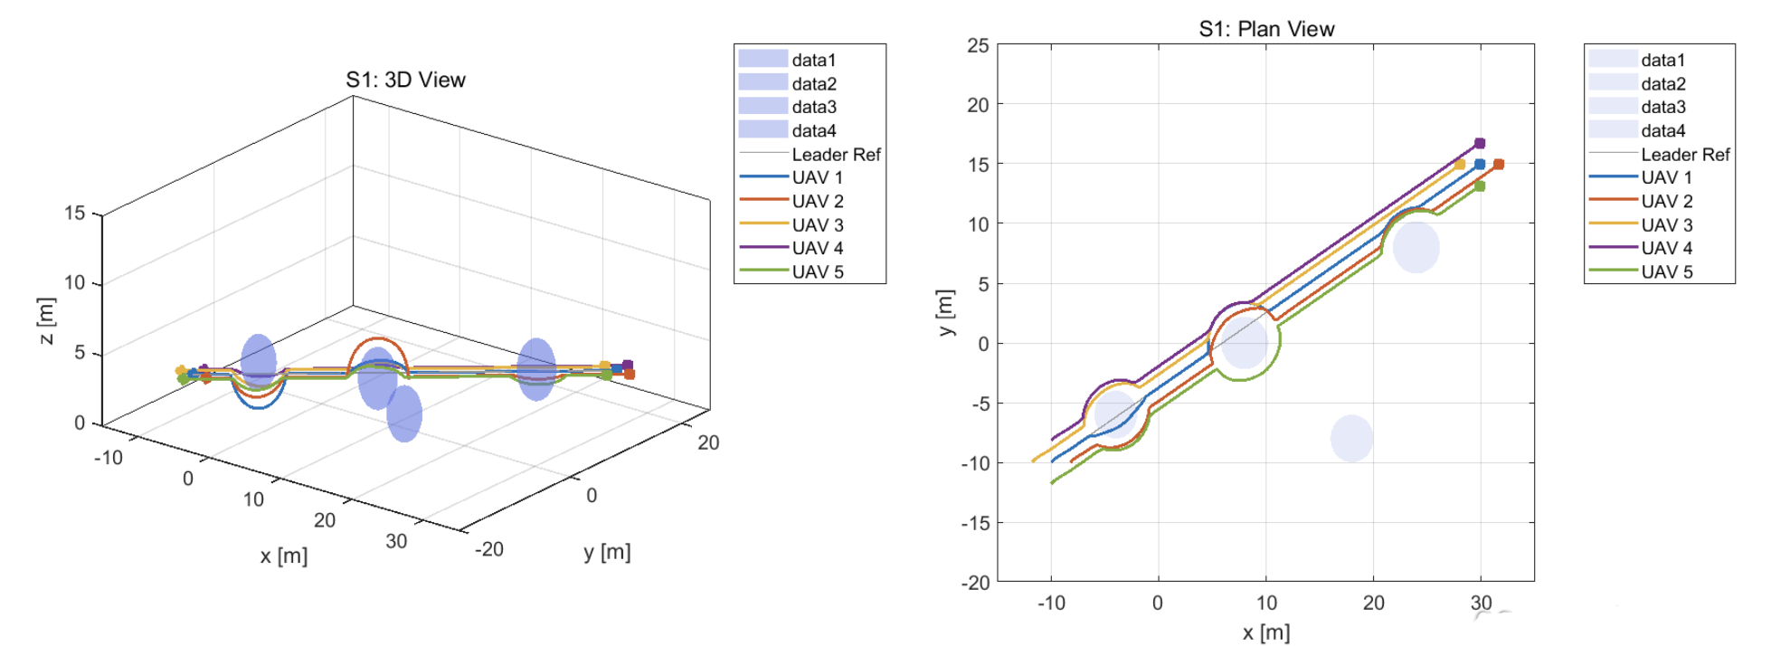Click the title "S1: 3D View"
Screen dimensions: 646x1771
click(x=405, y=80)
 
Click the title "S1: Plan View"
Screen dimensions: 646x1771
click(x=1266, y=29)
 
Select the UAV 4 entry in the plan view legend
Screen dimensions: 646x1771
click(x=1666, y=248)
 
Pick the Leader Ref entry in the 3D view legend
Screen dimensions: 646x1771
click(x=835, y=155)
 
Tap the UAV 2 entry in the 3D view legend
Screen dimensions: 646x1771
click(x=817, y=201)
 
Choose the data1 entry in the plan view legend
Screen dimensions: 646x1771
click(x=1662, y=60)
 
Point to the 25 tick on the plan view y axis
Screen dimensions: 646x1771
click(x=978, y=45)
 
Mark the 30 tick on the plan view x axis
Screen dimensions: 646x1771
click(x=1481, y=603)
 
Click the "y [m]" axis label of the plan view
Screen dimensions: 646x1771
click(x=946, y=313)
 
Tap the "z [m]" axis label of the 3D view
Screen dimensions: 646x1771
click(x=46, y=320)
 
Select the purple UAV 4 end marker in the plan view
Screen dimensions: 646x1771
click(x=1480, y=143)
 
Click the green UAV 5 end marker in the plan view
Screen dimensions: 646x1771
click(x=1480, y=186)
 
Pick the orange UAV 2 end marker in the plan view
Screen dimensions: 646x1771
click(x=1499, y=165)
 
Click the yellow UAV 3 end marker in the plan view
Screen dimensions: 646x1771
click(x=1460, y=165)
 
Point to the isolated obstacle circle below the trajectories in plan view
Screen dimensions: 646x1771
click(x=1351, y=439)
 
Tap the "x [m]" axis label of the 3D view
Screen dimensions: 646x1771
click(x=283, y=556)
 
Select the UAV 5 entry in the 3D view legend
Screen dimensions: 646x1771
click(x=817, y=271)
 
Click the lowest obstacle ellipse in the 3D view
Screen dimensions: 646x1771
click(x=404, y=414)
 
